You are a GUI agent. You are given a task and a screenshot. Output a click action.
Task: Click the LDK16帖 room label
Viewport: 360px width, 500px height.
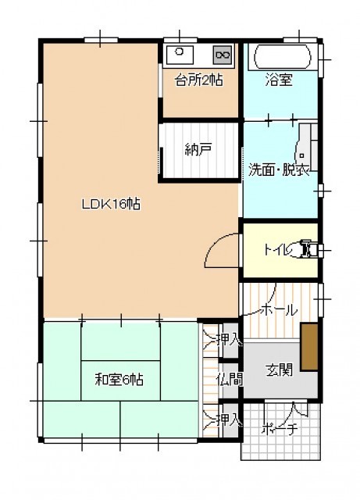click(111, 204)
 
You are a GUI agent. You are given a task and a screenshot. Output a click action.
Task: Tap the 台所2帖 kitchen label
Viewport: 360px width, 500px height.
click(198, 80)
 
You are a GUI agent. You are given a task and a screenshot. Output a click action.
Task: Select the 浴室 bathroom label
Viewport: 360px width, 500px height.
click(279, 80)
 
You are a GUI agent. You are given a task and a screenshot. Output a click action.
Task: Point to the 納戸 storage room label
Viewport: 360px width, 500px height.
click(198, 149)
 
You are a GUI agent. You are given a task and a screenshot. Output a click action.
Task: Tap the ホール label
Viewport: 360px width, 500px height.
click(280, 309)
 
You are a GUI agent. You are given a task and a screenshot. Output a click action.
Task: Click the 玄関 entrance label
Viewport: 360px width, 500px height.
click(279, 370)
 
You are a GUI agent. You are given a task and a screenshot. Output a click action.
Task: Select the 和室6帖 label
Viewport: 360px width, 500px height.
click(119, 380)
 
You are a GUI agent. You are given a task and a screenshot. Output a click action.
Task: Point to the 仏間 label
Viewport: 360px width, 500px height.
click(230, 380)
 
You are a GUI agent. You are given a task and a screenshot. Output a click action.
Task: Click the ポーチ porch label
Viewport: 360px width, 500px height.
click(280, 429)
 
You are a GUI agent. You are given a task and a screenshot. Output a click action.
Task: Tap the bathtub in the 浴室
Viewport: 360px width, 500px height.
click(282, 57)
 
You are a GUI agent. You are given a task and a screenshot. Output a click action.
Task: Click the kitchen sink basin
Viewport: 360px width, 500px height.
click(179, 55)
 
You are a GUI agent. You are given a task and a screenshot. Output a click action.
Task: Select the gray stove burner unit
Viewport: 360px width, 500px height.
click(223, 55)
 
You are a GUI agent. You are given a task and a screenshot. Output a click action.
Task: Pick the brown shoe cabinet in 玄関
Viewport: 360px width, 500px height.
click(309, 347)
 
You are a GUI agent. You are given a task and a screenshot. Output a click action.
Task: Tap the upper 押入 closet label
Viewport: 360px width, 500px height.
click(230, 340)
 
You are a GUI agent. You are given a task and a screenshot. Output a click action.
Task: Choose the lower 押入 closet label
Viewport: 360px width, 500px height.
click(230, 420)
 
